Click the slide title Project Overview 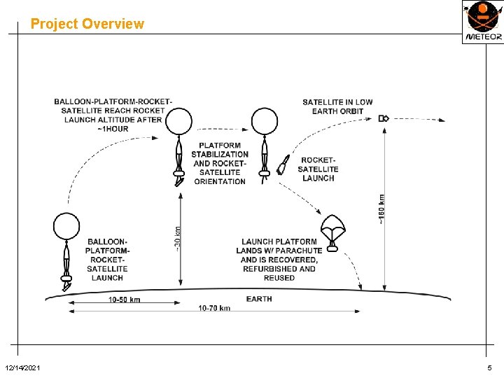(x=87, y=24)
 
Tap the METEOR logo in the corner (x=482, y=22)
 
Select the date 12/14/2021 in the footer (x=22, y=368)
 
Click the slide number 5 (x=489, y=368)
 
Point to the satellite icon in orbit (x=384, y=118)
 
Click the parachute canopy (x=332, y=225)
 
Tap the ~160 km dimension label (x=381, y=209)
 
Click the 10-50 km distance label (x=125, y=300)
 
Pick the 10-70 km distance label (x=214, y=309)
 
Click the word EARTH (x=259, y=299)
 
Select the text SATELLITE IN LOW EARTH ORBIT (x=337, y=106)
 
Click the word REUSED (x=279, y=278)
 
